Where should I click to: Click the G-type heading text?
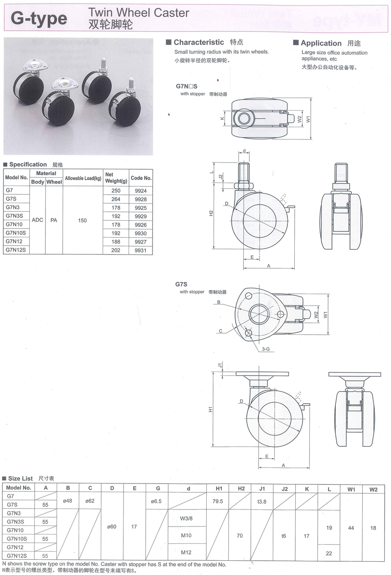pyautogui.click(x=39, y=19)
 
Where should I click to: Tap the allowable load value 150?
pyautogui.click(x=82, y=220)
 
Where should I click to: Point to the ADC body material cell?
pyautogui.click(x=37, y=220)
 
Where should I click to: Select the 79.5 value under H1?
pyautogui.click(x=218, y=501)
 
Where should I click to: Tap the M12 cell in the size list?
pyautogui.click(x=186, y=552)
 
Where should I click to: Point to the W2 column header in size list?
pyautogui.click(x=373, y=488)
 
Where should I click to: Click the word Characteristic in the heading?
pyautogui.click(x=198, y=43)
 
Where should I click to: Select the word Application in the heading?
pyautogui.click(x=321, y=43)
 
